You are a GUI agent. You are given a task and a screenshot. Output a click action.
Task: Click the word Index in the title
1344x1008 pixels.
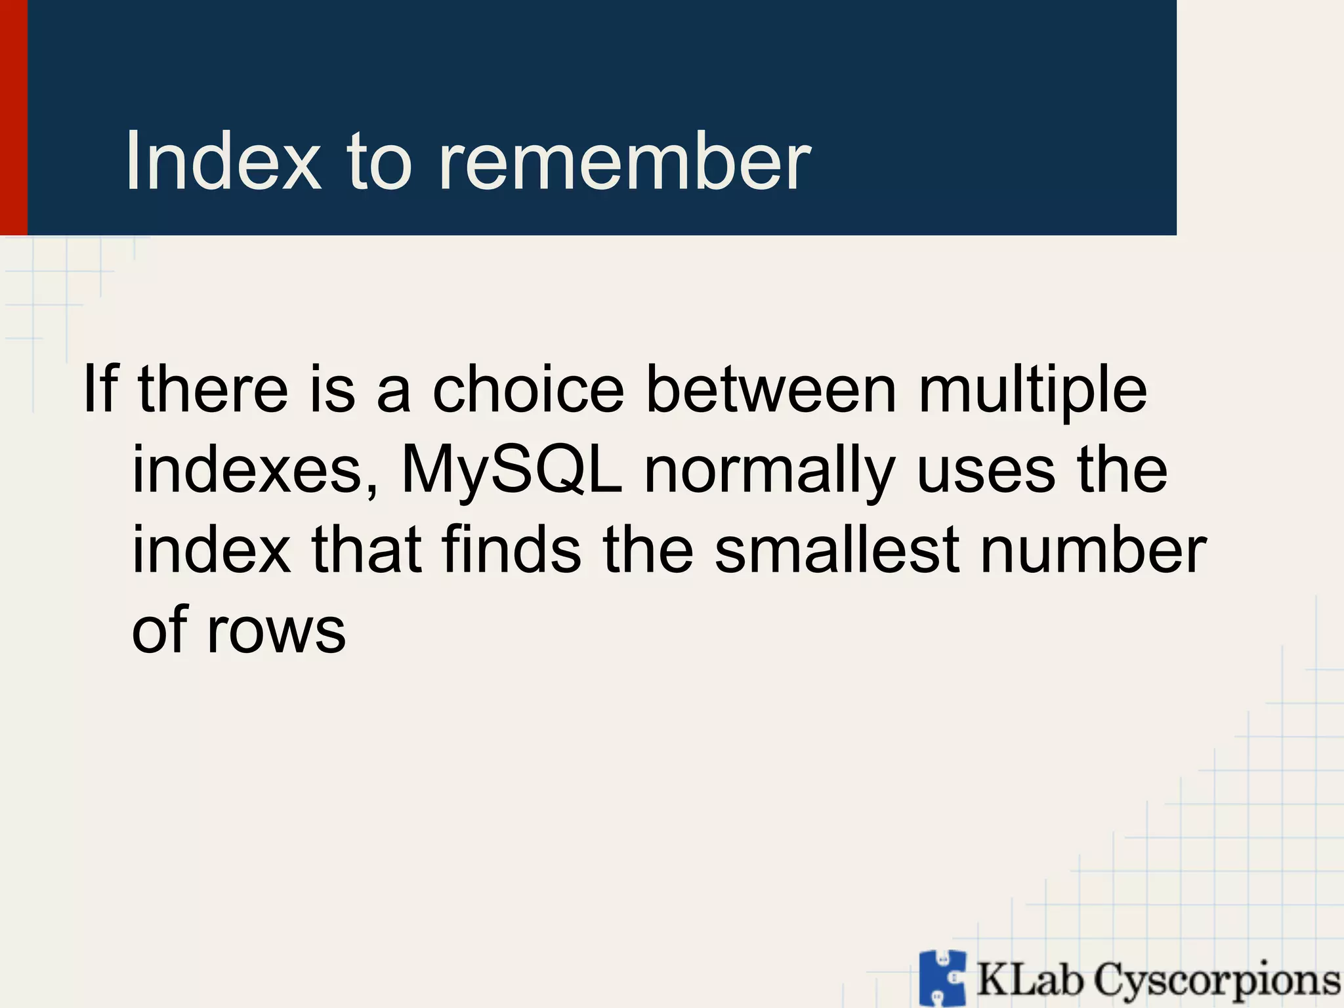pyautogui.click(x=223, y=161)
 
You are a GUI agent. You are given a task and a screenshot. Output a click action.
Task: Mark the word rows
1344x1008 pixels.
pyautogui.click(x=276, y=631)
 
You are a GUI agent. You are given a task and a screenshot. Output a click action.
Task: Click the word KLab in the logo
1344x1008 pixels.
pyautogui.click(x=1030, y=979)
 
